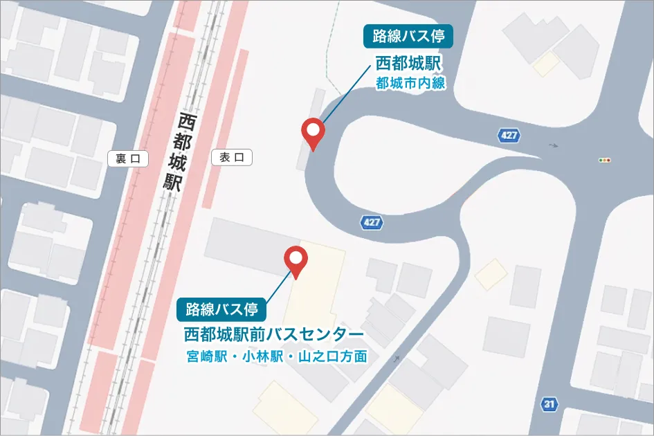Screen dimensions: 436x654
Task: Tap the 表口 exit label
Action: coord(232,158)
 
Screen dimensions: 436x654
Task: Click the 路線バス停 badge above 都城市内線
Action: coord(408,35)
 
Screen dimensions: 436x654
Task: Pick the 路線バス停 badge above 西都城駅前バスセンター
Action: coord(221,309)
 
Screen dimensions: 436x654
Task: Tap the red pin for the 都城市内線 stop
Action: coord(314,133)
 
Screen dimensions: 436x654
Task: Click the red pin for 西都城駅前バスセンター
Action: coord(297,260)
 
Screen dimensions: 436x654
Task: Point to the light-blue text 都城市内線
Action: coord(410,84)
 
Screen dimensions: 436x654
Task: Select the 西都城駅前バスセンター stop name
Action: coord(274,335)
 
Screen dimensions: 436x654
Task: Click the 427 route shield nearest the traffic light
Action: coord(509,136)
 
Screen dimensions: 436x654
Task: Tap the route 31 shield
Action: coord(549,403)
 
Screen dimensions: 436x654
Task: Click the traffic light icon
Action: coord(606,160)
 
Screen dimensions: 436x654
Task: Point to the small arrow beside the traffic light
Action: coord(552,145)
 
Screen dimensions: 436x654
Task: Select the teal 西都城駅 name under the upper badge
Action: coord(408,64)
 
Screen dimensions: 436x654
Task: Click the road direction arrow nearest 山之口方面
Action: coord(397,358)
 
